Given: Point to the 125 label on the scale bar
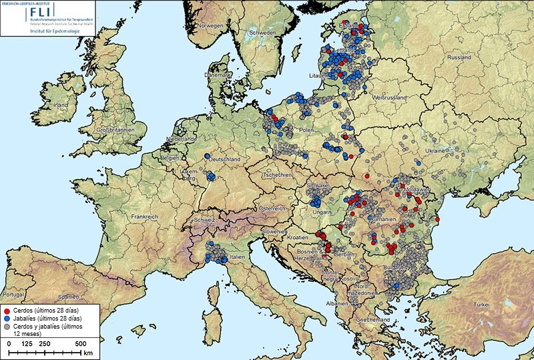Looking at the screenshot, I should click(x=28, y=343).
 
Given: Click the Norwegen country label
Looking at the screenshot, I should click(x=208, y=26).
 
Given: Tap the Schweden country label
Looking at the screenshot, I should click(x=262, y=33).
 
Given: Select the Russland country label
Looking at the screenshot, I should click(x=459, y=58).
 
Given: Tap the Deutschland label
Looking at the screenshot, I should click(x=224, y=160).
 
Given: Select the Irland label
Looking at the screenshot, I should click(x=61, y=106).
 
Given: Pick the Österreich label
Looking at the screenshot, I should click(x=272, y=208).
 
